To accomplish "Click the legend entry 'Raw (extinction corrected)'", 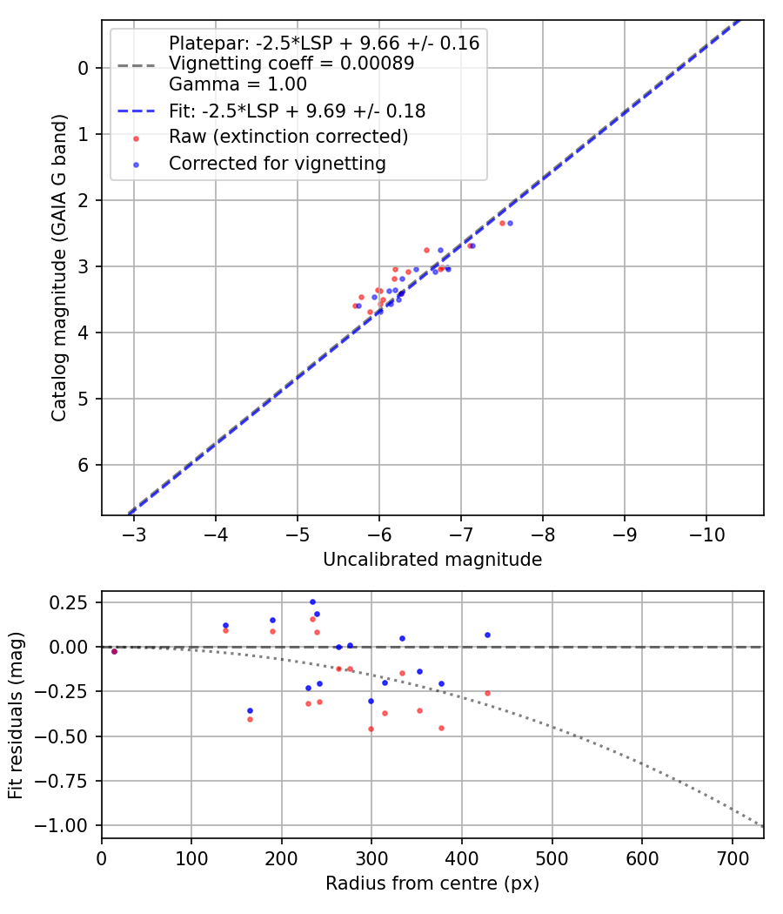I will click(287, 138).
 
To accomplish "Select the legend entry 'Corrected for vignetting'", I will click(278, 164).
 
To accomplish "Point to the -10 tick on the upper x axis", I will click(706, 533).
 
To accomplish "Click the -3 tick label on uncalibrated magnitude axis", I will click(134, 533).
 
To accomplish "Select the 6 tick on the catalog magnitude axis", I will click(84, 465).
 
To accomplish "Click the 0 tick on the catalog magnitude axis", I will click(84, 68).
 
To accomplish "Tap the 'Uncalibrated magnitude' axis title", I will click(432, 560).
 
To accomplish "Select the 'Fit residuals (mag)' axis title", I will click(17, 716).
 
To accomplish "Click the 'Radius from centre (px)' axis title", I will click(432, 884).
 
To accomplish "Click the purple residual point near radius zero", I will click(114, 651).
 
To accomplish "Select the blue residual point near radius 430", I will click(487, 635).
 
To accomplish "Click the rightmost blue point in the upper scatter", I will click(510, 223).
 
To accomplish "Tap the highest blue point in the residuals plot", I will click(312, 601).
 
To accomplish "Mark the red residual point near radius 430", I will click(487, 693).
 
